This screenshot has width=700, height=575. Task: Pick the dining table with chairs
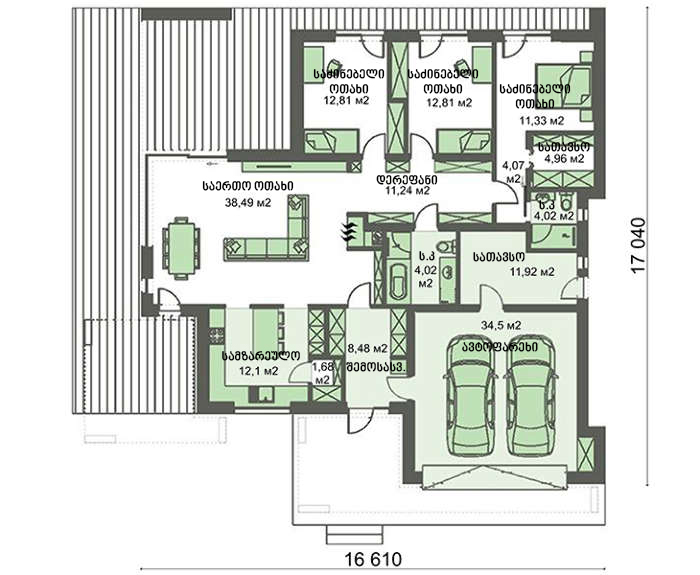[182, 245]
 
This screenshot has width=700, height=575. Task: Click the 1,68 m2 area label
[322, 373]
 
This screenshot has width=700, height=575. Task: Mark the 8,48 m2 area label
[366, 349]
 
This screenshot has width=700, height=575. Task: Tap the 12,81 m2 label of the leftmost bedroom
[342, 99]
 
